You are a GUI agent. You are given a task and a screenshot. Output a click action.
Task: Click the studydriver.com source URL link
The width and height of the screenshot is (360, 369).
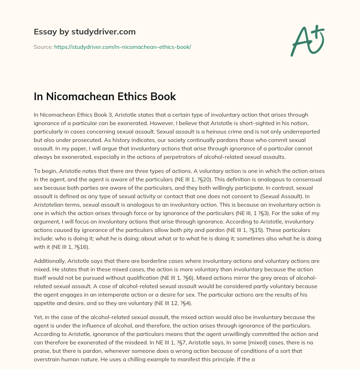122,47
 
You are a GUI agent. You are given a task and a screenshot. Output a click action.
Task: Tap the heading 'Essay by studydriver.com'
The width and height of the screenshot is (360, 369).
85,32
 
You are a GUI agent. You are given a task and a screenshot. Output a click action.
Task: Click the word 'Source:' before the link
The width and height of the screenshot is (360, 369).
43,47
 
